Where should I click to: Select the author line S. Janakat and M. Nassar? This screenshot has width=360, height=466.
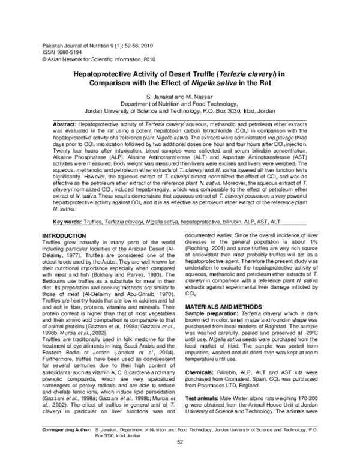click(x=179, y=97)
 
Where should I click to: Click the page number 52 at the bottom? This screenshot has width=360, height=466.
click(x=179, y=459)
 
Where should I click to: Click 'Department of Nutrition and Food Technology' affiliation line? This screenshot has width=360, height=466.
click(x=179, y=103)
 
